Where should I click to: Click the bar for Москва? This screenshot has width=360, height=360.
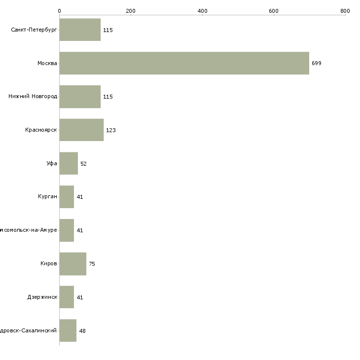[184, 63]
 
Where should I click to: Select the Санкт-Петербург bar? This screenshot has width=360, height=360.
[80, 30]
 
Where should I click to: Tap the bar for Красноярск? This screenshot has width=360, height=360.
[81, 130]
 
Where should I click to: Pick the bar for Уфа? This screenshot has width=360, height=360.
[69, 163]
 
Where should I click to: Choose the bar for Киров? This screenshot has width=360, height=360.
[72, 264]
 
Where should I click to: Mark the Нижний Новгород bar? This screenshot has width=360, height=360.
[80, 97]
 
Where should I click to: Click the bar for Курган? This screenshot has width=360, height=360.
[67, 197]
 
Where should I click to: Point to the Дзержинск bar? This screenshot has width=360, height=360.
[67, 297]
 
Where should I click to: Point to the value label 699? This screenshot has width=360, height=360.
[316, 64]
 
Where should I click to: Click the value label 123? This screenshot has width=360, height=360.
[110, 130]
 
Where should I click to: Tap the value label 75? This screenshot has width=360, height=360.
[92, 264]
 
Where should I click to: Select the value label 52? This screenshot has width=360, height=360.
[83, 164]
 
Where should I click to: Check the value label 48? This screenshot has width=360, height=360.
[82, 331]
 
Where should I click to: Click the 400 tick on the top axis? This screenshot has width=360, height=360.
[202, 11]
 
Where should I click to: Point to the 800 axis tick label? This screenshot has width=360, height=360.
[345, 11]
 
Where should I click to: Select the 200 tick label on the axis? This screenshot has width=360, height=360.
[131, 11]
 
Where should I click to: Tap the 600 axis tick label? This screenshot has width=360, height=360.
[274, 11]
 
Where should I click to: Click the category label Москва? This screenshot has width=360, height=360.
[47, 63]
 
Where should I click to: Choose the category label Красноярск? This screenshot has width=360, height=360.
[41, 130]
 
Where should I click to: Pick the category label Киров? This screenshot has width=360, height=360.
[49, 264]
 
